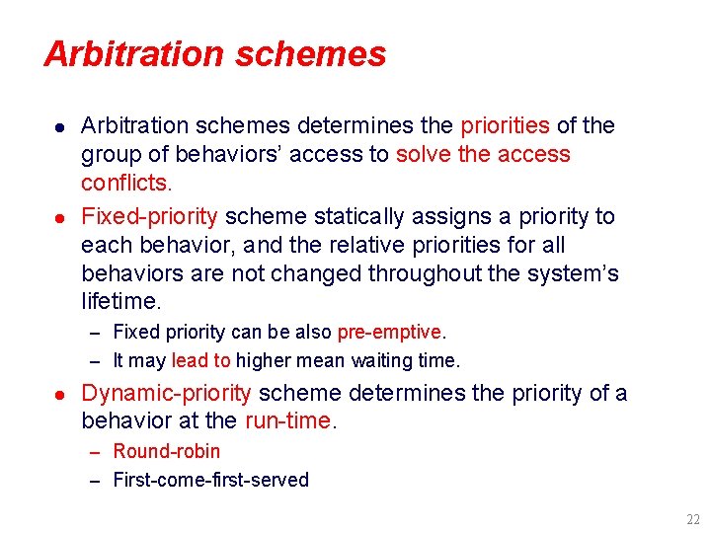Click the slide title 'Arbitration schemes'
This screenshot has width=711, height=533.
pyautogui.click(x=214, y=53)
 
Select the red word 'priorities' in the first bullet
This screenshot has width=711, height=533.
pyautogui.click(x=505, y=125)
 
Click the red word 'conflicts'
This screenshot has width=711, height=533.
pyautogui.click(x=125, y=183)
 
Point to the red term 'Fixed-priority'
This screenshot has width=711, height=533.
pyautogui.click(x=151, y=216)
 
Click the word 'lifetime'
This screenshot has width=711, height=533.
pyautogui.click(x=118, y=301)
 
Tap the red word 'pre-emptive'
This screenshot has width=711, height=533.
pyautogui.click(x=388, y=332)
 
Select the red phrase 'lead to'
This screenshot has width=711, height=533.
pyautogui.click(x=200, y=360)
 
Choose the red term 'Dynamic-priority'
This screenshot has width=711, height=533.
pyautogui.click(x=166, y=393)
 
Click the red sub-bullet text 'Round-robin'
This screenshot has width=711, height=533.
pyautogui.click(x=167, y=451)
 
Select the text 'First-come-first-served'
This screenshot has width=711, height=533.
pyautogui.click(x=211, y=480)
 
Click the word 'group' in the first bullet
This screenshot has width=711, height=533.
pyautogui.click(x=111, y=155)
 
